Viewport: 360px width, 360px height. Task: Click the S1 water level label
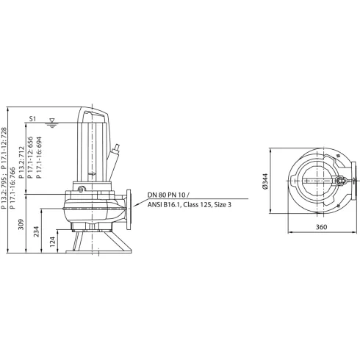point(32,117)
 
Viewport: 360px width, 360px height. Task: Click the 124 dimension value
point(51,240)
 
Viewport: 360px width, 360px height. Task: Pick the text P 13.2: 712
point(23,156)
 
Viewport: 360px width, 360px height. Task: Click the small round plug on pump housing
point(82,189)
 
